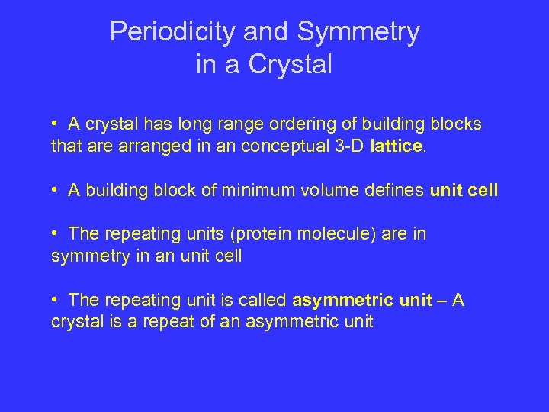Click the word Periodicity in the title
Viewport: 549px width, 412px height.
(175, 32)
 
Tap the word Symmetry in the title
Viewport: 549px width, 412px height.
(358, 32)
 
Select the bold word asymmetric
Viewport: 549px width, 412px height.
(341, 301)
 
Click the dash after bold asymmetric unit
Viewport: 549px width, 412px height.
(442, 301)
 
